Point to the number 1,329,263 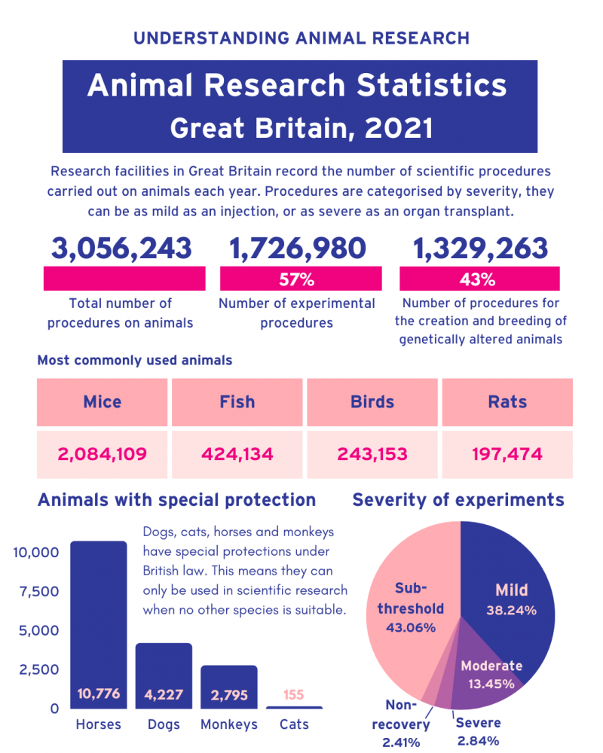coord(479,248)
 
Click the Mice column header coord(102,401)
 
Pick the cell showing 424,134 coord(237,454)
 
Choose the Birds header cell coord(372,401)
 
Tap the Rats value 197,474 coord(507,454)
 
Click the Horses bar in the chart coord(98,617)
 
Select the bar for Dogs coord(164,670)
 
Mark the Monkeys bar coord(229,681)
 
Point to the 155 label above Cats coord(293,694)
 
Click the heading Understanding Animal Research coord(301,38)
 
